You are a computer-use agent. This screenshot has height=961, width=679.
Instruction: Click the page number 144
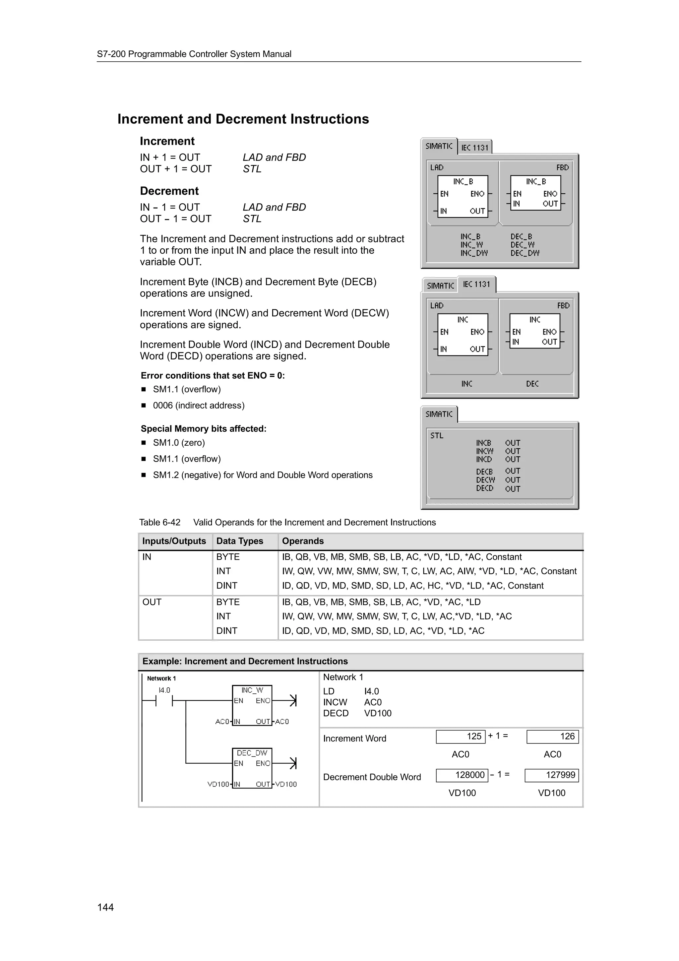pos(105,907)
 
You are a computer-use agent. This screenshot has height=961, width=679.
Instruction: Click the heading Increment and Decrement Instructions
pos(243,119)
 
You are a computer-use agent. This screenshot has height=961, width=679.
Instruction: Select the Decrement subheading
pos(169,191)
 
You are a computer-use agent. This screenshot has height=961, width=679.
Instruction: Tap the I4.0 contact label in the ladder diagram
pos(164,690)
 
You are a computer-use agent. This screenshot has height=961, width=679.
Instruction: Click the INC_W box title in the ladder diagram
pos(252,690)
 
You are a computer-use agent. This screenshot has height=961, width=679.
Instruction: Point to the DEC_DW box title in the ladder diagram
pos(252,753)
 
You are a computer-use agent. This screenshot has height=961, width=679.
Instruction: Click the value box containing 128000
pos(462,775)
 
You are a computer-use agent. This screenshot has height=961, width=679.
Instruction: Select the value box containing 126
pos(552,737)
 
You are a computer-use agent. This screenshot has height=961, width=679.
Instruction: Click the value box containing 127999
pos(551,775)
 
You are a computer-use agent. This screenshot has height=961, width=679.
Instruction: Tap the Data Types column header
pos(240,541)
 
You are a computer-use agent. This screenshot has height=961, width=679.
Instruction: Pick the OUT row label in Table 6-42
pos(152,602)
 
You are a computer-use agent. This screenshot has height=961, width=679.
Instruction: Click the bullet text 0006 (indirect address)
pos(199,406)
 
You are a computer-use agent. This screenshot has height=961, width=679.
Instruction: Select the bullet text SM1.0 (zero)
pos(179,443)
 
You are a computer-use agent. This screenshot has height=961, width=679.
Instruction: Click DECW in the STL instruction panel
pos(485,480)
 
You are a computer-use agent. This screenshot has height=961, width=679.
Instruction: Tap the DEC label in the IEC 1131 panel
pos(532,384)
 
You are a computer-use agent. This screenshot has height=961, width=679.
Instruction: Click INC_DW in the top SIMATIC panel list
pos(474,253)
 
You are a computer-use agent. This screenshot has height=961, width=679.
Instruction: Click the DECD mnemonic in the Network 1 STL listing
pos(336,713)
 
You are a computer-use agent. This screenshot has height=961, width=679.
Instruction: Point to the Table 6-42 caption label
pos(160,522)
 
